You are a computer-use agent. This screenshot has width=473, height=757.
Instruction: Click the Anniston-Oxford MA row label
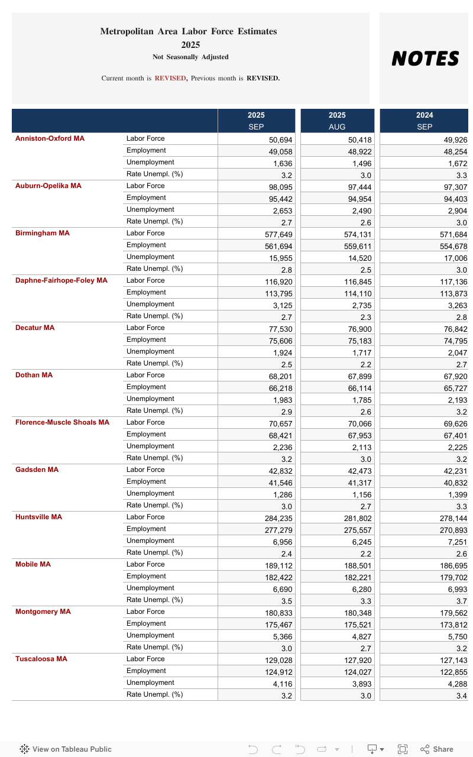[x=50, y=138]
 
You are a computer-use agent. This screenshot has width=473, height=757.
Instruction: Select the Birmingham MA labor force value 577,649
[x=278, y=234]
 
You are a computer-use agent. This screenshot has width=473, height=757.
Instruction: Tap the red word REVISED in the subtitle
[x=170, y=78]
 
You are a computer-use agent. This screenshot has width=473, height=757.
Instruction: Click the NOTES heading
[x=425, y=59]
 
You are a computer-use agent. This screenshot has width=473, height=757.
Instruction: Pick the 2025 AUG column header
[x=337, y=121]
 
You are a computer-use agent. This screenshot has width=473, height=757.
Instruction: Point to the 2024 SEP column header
[x=424, y=121]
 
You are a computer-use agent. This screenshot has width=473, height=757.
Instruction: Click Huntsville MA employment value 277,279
[x=278, y=530]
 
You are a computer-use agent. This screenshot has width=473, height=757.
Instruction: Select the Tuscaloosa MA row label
[x=41, y=659]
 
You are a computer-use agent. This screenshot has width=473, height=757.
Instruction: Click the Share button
[x=437, y=749]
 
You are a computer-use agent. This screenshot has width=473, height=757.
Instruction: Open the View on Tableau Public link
[x=66, y=749]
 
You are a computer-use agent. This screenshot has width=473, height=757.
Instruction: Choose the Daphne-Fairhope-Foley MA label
[x=61, y=280]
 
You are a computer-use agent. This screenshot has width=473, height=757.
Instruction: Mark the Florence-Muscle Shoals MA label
[x=62, y=422]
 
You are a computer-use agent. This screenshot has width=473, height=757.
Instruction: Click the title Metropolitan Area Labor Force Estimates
[x=188, y=31]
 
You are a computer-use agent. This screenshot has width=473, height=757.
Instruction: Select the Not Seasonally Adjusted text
[x=190, y=57]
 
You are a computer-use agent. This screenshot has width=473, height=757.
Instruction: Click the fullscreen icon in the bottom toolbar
[x=403, y=749]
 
